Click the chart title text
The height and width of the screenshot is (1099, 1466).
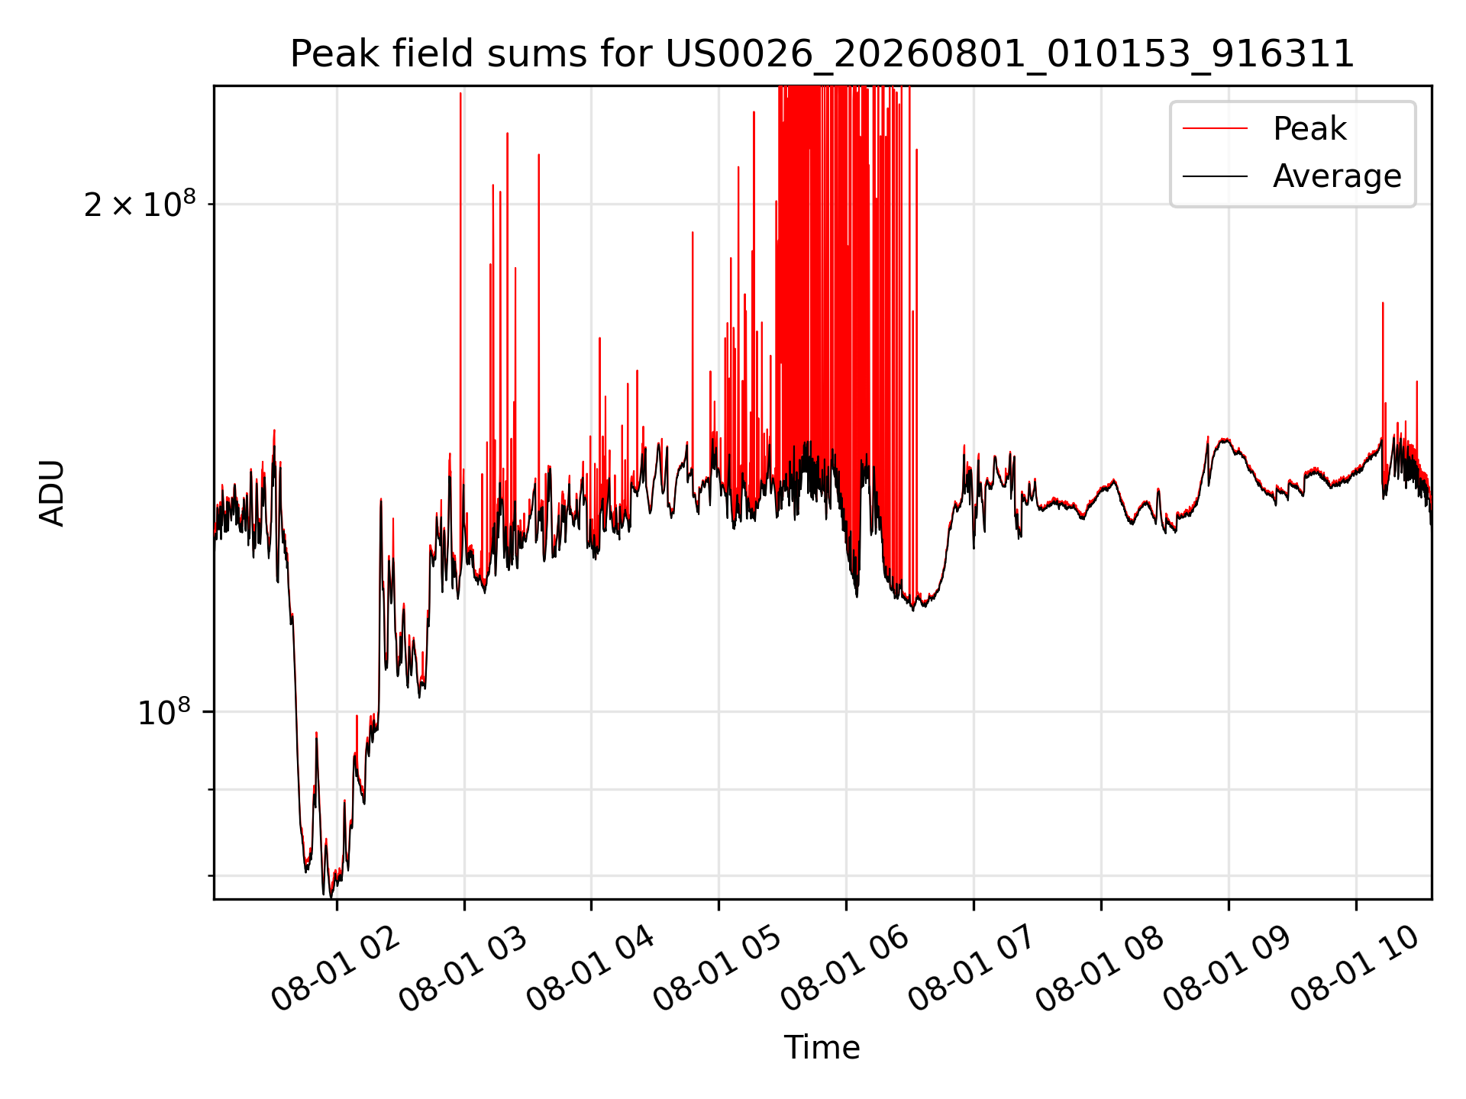[822, 54]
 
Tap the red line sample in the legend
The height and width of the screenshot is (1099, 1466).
[1215, 128]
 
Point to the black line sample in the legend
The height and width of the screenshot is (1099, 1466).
[1215, 176]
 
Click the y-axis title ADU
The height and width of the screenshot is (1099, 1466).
[52, 493]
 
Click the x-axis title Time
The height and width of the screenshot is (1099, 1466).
[822, 1048]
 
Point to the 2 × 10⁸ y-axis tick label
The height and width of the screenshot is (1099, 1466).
[140, 204]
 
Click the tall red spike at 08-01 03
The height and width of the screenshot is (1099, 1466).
[460, 305]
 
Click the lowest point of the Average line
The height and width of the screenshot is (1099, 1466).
[331, 896]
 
